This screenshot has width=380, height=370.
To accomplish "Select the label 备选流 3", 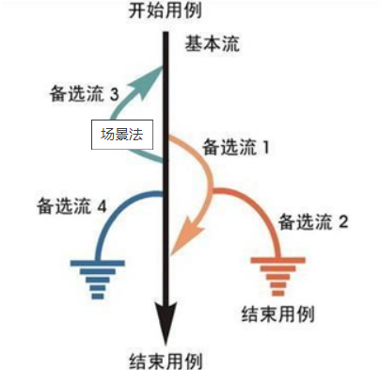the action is [84, 94].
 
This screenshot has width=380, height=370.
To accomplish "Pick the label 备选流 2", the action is [313, 222].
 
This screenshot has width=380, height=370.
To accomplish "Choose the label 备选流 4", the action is [71, 202].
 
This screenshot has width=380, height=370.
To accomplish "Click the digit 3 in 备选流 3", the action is [114, 94].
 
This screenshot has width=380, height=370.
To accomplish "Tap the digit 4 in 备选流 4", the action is [103, 202].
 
